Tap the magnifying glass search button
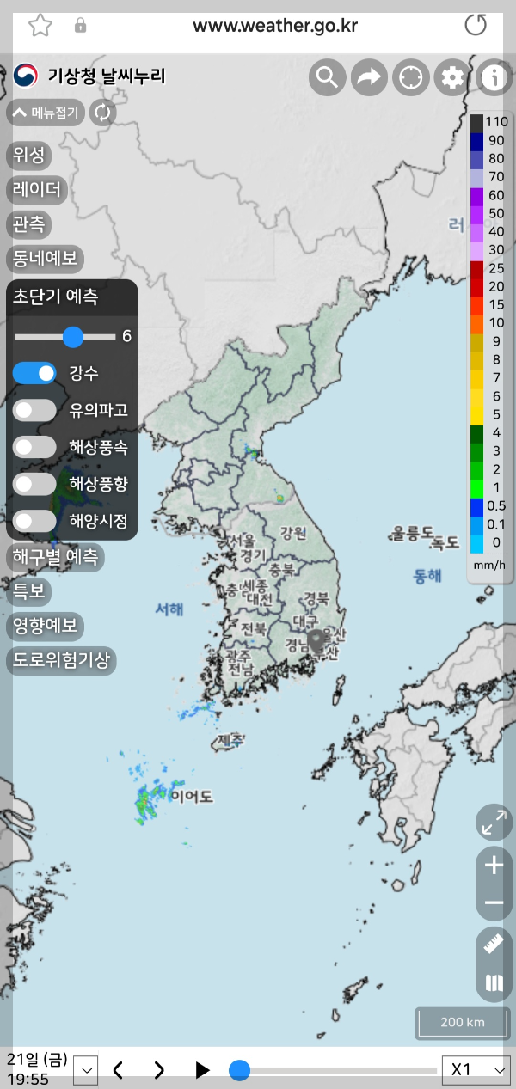pyautogui.click(x=327, y=78)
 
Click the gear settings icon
pyautogui.click(x=452, y=78)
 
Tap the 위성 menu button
pyautogui.click(x=28, y=156)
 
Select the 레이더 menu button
pyautogui.click(x=37, y=189)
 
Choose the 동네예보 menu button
pyautogui.click(x=44, y=257)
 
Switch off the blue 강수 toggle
pyautogui.click(x=34, y=373)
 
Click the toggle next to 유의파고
pyautogui.click(x=34, y=410)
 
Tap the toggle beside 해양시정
pyautogui.click(x=34, y=520)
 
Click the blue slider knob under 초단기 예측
pyautogui.click(x=73, y=336)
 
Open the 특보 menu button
pyautogui.click(x=28, y=591)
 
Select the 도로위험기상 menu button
pyautogui.click(x=61, y=660)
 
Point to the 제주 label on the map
pyautogui.click(x=230, y=739)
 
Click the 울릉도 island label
pyautogui.click(x=413, y=533)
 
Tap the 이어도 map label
pyautogui.click(x=191, y=796)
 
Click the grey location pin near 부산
pyautogui.click(x=317, y=639)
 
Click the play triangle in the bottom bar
pyautogui.click(x=202, y=1069)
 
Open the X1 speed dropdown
pyautogui.click(x=475, y=1069)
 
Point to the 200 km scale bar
pyautogui.click(x=463, y=1023)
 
